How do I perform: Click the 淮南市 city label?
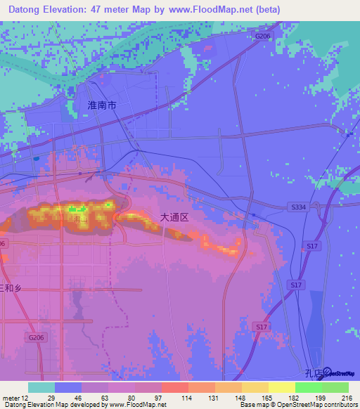(102, 105)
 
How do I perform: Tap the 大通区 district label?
(174, 218)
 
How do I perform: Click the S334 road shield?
(298, 207)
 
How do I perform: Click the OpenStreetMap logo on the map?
(337, 372)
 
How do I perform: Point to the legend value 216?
(347, 398)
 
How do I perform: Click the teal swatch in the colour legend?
(41, 388)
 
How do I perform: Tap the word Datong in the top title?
(27, 10)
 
